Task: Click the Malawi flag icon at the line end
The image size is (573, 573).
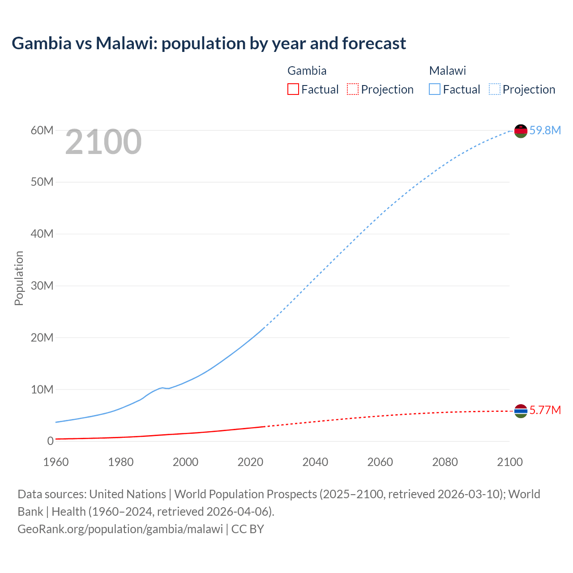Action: [521, 131]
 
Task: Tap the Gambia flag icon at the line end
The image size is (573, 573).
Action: [521, 411]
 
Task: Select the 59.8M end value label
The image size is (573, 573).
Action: [545, 130]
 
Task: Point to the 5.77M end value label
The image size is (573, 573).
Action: [545, 410]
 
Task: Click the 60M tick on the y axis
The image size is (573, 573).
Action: [42, 130]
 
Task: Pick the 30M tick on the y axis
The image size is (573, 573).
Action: [42, 286]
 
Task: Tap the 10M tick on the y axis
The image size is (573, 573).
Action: [42, 389]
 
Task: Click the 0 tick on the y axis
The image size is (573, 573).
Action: [50, 441]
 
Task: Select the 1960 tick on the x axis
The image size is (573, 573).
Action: [56, 462]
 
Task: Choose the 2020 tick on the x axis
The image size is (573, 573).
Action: [250, 462]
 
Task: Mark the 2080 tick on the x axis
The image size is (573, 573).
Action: [445, 462]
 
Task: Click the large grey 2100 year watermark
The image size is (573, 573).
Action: [103, 142]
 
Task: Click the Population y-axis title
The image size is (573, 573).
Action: [19, 278]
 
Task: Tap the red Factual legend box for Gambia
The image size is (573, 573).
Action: [293, 89]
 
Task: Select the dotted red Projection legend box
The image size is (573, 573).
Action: [353, 89]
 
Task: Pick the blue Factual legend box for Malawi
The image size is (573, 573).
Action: [435, 89]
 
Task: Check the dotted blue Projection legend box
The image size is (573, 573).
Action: [495, 89]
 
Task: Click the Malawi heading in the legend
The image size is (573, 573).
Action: [448, 71]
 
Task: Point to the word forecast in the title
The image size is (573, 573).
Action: [374, 43]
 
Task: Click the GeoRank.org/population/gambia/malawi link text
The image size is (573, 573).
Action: [120, 529]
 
